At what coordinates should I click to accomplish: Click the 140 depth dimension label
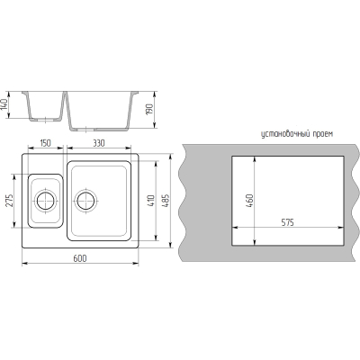(x=4, y=104)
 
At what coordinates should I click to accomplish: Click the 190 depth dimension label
(x=149, y=110)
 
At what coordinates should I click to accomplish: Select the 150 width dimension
(x=45, y=143)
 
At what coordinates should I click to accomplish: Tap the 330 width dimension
(x=98, y=143)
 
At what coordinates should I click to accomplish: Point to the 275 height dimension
(x=9, y=201)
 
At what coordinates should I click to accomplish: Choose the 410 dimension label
(x=151, y=201)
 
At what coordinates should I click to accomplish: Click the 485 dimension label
(x=166, y=201)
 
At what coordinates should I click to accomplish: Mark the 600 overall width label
(x=80, y=258)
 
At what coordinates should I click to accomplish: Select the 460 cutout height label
(x=250, y=201)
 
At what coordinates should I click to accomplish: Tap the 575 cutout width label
(x=287, y=222)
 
